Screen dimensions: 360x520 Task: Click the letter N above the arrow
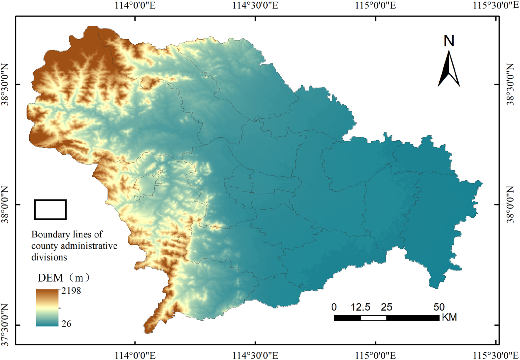pos(449,41)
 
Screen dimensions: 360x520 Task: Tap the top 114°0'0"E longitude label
pos(135,6)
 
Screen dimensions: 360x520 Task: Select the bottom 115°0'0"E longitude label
pos(375,355)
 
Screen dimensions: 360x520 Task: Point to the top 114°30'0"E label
pos(255,6)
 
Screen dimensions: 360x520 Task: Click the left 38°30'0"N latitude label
pos(5,84)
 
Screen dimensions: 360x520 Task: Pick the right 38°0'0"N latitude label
pos(511,205)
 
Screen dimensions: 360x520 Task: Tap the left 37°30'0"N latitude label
pos(5,325)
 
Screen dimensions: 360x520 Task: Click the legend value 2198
pos(71,291)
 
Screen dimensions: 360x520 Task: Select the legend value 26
pos(66,324)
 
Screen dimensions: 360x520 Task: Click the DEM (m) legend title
pos(63,277)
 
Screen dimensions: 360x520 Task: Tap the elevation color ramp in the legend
pos(47,307)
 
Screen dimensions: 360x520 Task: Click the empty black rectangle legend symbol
pos(50,209)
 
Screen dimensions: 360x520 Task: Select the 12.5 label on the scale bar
pos(360,307)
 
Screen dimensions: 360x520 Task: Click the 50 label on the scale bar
pos(439,307)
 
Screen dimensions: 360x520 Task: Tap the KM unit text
pos(449,317)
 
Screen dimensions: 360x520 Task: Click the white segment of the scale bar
pos(373,318)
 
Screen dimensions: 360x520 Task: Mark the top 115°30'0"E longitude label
pos(495,6)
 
